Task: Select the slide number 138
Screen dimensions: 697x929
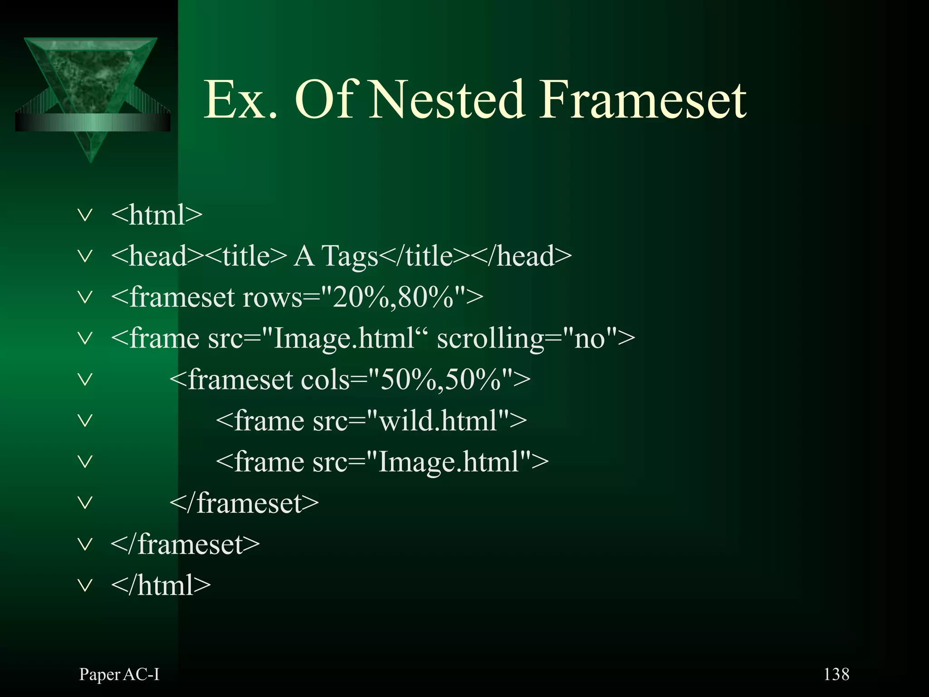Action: click(836, 674)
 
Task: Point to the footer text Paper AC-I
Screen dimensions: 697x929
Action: click(119, 674)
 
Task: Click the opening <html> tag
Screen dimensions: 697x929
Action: click(156, 215)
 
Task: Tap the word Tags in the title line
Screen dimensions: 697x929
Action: click(350, 256)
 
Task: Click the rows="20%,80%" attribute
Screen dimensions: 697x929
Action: click(358, 298)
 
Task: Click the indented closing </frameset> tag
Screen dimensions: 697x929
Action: click(244, 503)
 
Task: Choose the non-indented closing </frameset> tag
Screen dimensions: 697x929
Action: click(185, 544)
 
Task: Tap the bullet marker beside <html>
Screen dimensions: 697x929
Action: click(85, 215)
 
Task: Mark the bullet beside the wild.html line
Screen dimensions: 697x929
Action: click(85, 421)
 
